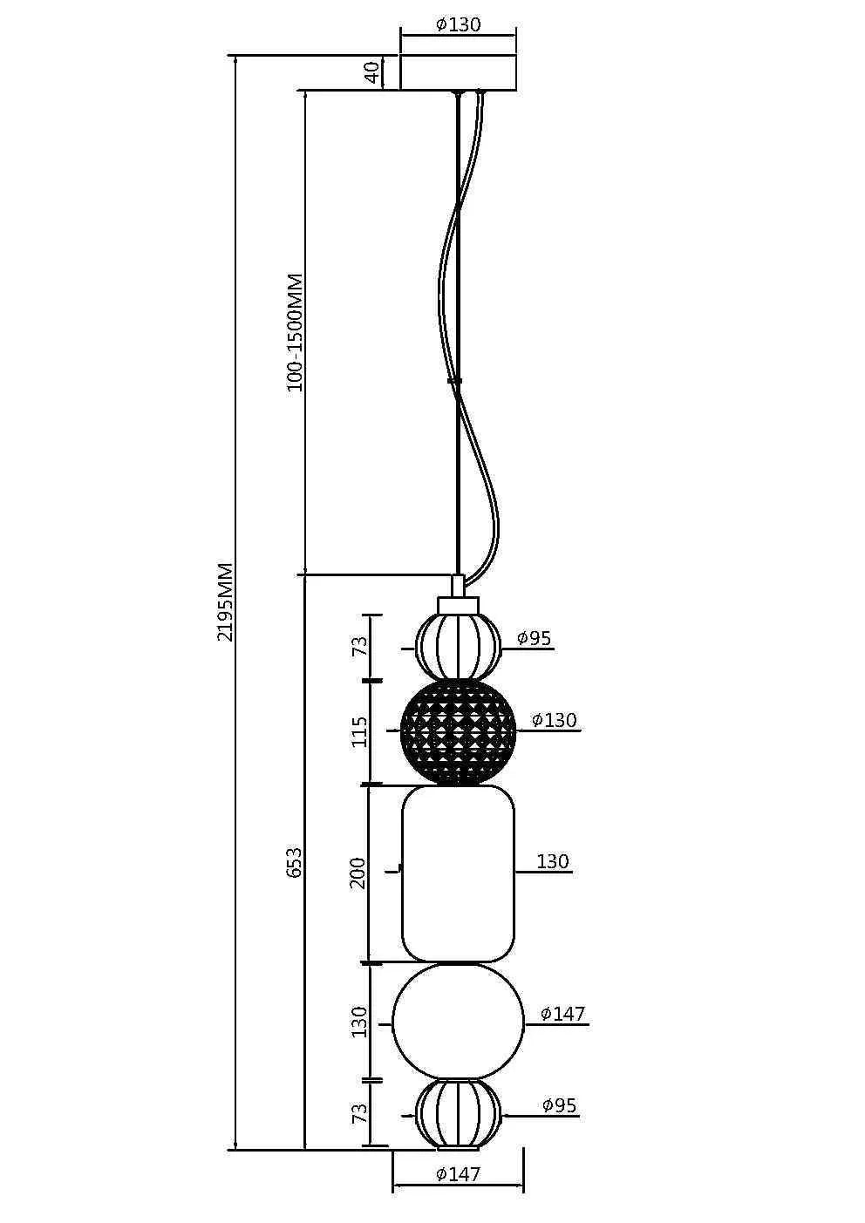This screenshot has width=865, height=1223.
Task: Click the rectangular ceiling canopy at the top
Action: pos(458,71)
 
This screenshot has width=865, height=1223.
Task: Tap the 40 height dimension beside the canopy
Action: pos(372,72)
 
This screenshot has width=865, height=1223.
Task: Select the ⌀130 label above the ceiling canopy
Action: pos(458,24)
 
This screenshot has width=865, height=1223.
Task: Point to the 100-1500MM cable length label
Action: pos(296,332)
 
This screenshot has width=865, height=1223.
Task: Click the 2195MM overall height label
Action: pos(225,601)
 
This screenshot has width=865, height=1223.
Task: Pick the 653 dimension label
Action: pos(295,861)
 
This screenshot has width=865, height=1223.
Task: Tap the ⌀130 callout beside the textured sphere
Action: pos(555,720)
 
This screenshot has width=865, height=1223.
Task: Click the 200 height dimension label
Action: pos(358,873)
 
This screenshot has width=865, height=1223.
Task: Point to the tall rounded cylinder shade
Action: pos(458,873)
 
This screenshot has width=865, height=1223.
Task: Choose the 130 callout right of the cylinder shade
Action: pos(553,861)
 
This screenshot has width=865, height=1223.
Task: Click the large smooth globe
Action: pos(458,1021)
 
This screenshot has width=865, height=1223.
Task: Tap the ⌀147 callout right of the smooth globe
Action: pos(562,1014)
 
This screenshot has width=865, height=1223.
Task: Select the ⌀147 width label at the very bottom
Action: pos(458,1174)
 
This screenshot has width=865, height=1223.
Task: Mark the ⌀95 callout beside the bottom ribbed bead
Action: pos(559,1105)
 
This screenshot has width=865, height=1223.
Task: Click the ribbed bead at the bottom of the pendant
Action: pos(458,1113)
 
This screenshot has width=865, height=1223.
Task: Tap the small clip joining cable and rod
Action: pos(454,381)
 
